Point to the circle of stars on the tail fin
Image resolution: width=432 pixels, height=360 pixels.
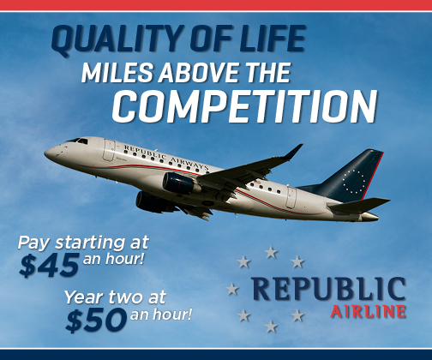[353, 180]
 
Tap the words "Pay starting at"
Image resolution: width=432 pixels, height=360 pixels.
[83, 243]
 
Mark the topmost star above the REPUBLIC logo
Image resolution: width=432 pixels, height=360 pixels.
[271, 252]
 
